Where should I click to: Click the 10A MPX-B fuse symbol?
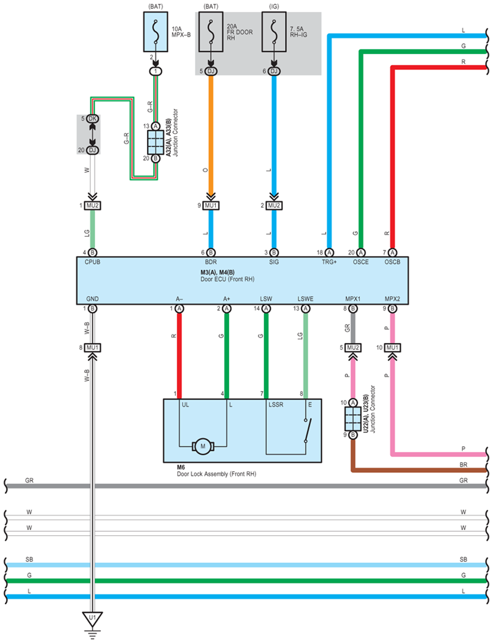pos(156,32)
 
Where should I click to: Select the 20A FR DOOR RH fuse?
pos(210,32)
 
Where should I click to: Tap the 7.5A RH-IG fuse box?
pos(274,32)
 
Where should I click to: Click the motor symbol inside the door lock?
pos(203,446)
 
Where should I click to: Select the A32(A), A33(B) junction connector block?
pos(156,142)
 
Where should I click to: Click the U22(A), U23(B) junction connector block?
pos(353,419)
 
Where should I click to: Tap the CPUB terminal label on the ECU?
pos(93,262)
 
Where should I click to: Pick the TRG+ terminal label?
pos(329,262)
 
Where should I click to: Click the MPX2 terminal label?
pos(392,299)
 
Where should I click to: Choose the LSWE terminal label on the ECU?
pos(305,299)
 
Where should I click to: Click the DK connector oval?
pos(93,119)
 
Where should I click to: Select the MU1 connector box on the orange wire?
pos(211,205)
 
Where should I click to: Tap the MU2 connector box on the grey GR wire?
pos(353,348)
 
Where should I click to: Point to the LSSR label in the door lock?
pos(276,405)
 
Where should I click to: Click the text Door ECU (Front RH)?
pos(228,279)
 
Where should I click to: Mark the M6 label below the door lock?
pos(181,467)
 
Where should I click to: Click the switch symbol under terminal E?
pos(308,430)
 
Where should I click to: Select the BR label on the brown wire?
pos(464,465)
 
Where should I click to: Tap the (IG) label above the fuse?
pos(274,6)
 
